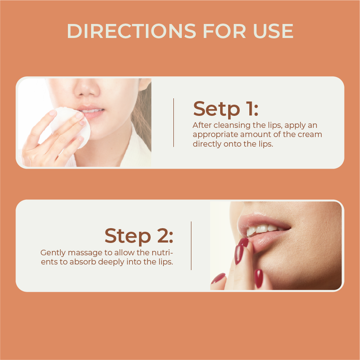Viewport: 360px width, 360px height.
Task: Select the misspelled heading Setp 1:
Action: coord(226,109)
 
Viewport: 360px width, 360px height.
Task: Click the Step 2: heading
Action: coord(139,236)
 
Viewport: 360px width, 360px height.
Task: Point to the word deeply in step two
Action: coord(119,262)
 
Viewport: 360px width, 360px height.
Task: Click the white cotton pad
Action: coord(67,124)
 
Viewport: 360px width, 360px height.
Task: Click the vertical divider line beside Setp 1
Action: coord(173,123)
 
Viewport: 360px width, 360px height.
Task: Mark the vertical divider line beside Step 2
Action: coord(191,246)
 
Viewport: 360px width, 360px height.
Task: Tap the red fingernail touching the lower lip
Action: coord(244,243)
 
